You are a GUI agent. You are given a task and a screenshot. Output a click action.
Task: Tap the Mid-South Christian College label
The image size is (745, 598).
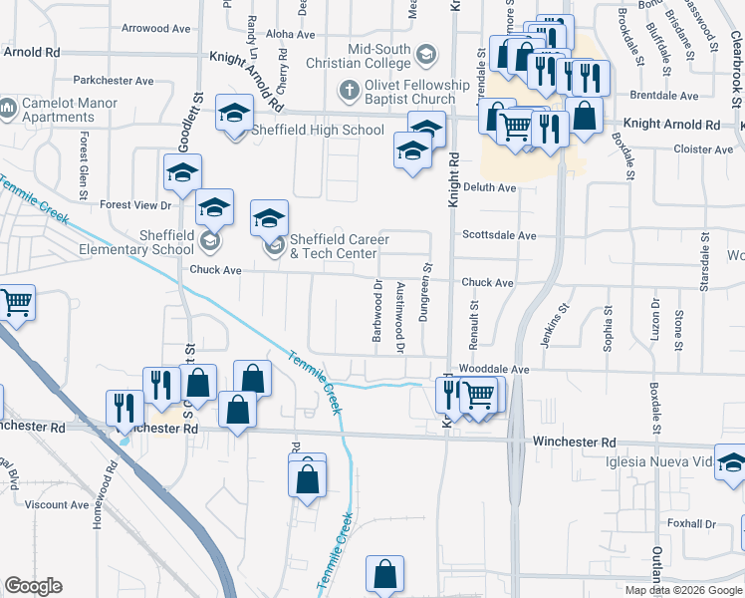coord(379,57)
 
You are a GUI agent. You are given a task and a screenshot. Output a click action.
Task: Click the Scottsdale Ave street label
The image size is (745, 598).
coord(499,236)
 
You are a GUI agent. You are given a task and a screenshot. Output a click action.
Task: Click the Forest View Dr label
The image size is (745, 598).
coord(136,205)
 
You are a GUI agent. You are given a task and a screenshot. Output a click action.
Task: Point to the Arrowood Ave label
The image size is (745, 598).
coord(155,29)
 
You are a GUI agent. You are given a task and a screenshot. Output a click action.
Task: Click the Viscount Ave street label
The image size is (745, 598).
coord(58,504)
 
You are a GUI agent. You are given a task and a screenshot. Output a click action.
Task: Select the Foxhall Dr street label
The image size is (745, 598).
coord(692,523)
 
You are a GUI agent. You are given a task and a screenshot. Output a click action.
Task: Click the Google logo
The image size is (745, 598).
coord(33,586)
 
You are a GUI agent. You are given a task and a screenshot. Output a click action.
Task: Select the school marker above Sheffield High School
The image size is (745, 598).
coord(234,113)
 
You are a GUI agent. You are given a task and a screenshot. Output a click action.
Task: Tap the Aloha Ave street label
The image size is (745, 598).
coord(290,34)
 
